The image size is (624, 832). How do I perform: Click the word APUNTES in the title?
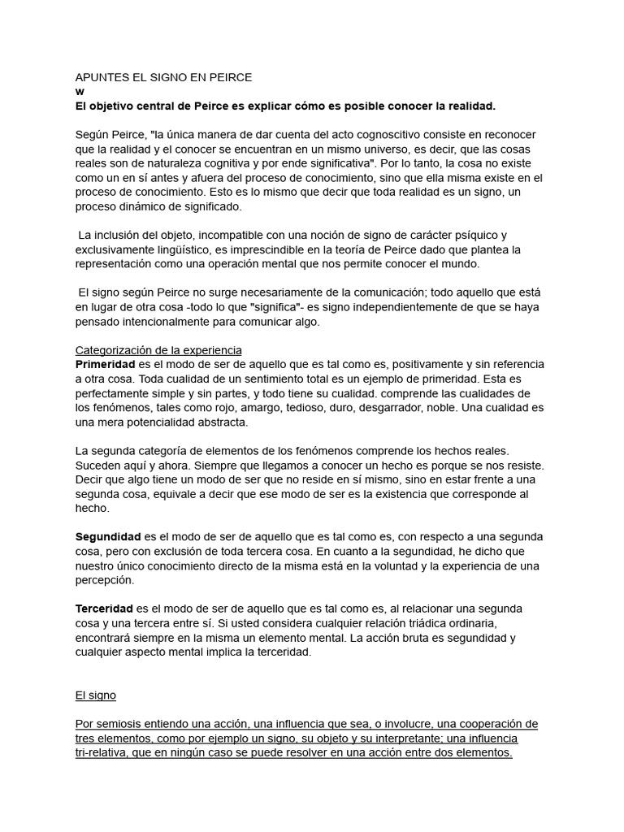point(101,77)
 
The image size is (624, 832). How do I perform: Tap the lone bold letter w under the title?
point(80,92)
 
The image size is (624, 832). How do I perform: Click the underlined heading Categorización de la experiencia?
point(158,350)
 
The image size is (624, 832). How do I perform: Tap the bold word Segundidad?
point(108,537)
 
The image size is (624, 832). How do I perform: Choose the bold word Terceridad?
point(104,609)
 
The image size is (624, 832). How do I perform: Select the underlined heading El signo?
point(96,695)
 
